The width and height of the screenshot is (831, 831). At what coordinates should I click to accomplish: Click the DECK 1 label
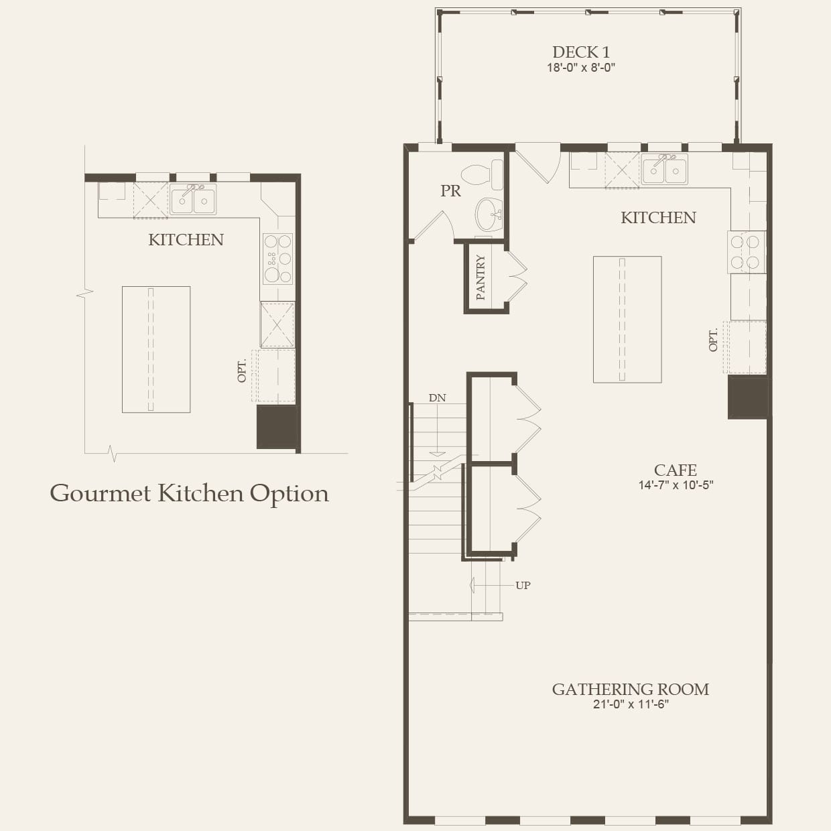(580, 52)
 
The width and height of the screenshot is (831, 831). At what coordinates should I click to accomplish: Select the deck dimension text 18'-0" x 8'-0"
(580, 68)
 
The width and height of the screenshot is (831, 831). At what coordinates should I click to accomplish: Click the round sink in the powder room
(490, 214)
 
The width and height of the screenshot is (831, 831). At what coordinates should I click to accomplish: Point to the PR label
(450, 191)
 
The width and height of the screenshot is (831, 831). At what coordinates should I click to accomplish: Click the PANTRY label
(481, 277)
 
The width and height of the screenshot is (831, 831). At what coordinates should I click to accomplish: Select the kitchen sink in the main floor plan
(664, 169)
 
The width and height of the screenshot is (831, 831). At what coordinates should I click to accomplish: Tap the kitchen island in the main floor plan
(627, 319)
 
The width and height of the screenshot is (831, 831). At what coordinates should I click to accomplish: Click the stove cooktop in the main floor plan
(747, 252)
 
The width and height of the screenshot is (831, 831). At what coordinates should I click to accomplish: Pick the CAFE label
(676, 470)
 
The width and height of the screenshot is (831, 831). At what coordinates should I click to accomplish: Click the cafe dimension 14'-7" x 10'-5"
(676, 485)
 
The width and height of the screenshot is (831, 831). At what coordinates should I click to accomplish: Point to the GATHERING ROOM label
(630, 690)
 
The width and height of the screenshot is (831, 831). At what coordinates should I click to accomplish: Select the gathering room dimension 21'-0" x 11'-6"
(630, 704)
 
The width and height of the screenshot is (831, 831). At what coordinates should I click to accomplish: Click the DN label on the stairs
(437, 398)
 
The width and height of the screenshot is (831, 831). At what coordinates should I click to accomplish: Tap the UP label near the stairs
(523, 585)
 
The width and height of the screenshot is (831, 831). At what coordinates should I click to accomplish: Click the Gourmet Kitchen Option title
(189, 493)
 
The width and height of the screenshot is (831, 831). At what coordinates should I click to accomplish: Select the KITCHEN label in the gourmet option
(186, 240)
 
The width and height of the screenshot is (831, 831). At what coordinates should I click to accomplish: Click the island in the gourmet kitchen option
(156, 349)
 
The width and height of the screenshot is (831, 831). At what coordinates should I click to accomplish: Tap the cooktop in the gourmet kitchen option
(277, 258)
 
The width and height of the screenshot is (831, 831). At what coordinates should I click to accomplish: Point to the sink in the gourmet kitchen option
(193, 200)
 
